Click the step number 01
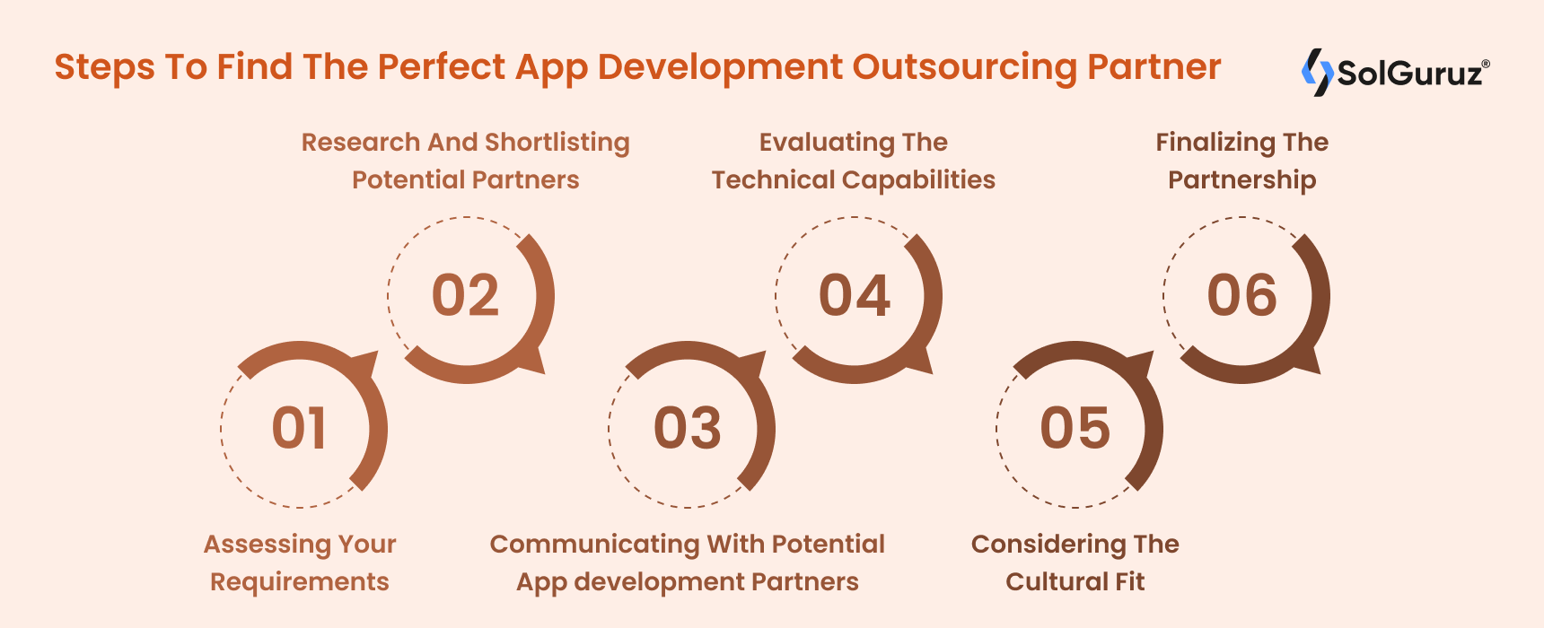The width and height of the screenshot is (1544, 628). [x=300, y=428]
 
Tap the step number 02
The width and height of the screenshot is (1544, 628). [x=465, y=295]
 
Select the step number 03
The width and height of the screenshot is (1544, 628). [x=688, y=428]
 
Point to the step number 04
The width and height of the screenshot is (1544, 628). [x=855, y=295]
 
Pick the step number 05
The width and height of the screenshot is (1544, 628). [x=1075, y=428]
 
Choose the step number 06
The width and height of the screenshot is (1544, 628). [x=1242, y=295]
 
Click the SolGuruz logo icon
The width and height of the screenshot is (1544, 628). [x=1317, y=72]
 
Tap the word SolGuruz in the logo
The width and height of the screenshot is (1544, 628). [x=1409, y=73]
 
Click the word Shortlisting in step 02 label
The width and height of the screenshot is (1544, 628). [x=557, y=144]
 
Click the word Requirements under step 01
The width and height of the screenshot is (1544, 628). [x=300, y=583]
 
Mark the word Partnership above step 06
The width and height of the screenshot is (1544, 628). [x=1242, y=181]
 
